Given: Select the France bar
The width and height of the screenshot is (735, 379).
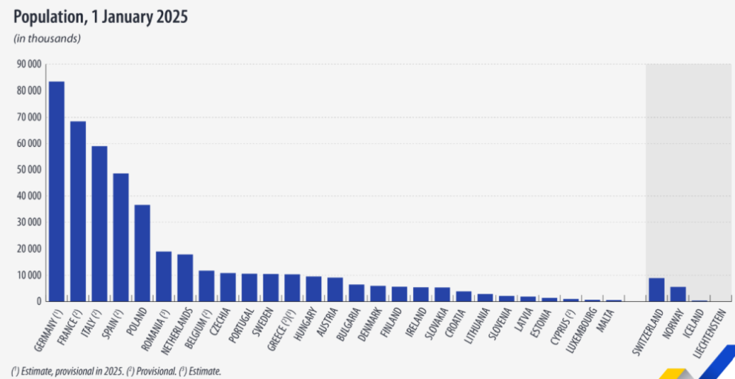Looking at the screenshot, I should tap(78, 211).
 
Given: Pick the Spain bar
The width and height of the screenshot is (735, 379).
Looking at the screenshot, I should tap(121, 237).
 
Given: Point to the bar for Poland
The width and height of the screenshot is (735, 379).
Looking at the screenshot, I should tap(142, 253).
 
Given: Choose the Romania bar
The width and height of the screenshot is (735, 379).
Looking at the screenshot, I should tap(164, 277).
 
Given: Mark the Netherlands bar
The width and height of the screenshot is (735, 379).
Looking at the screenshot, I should tap(185, 278).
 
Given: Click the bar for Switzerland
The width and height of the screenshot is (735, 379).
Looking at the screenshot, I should tap(656, 290).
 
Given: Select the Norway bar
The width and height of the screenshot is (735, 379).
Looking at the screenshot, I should tap(678, 294).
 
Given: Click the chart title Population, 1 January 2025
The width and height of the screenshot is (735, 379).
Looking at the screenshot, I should tap(100, 17).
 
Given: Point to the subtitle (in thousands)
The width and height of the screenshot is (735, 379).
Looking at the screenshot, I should tap(47, 39).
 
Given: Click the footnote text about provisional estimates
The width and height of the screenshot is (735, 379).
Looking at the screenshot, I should tap(116, 370).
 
